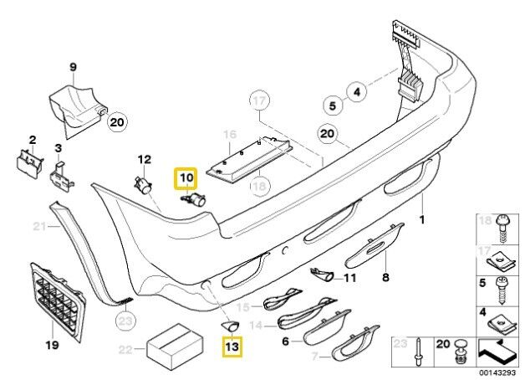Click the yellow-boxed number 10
pos(185,178)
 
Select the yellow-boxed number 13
pos(232,347)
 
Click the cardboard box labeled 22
pos(175,347)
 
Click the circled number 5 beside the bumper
pos(333,106)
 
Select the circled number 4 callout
pos(357,91)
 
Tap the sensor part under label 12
pos(143,186)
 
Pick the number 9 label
pos(73,67)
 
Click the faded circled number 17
pos(259,100)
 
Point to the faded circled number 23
pos(126,321)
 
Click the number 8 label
pos(385,277)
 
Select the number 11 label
pos(350,278)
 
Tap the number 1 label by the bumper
pos(422,220)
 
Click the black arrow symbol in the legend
pos(497,351)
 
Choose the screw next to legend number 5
pos(502,290)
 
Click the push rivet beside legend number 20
pos(461,352)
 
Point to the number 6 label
pos(285,341)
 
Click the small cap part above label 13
pos(230,326)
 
